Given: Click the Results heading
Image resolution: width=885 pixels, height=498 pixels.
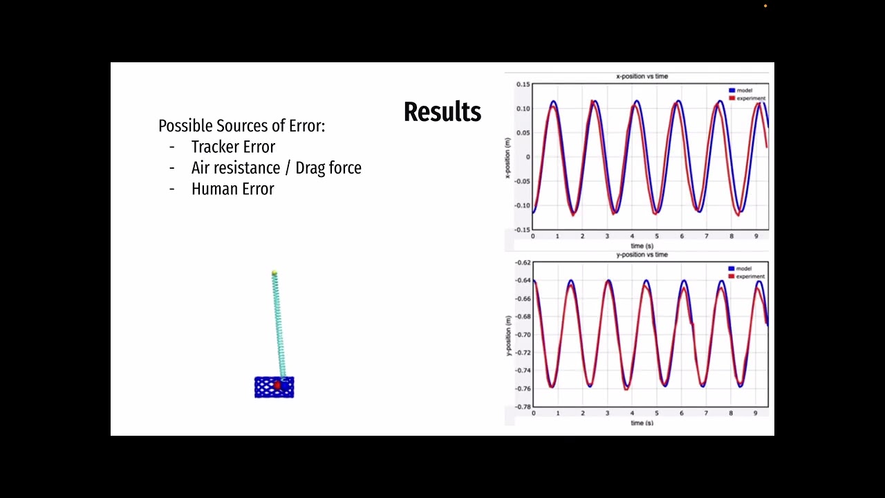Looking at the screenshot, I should click(x=442, y=112).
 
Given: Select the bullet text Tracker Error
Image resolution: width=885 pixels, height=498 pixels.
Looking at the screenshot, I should click(x=233, y=147).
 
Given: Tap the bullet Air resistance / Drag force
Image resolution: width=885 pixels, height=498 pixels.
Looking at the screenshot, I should click(x=276, y=167).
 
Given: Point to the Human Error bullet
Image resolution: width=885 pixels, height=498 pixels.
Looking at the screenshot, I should click(x=232, y=189).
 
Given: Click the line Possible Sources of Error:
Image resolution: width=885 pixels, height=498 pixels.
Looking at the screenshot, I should click(x=241, y=126).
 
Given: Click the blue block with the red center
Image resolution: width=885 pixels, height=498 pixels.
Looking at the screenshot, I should click(x=274, y=387).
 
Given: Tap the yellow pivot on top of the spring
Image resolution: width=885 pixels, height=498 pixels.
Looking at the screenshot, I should click(x=274, y=274).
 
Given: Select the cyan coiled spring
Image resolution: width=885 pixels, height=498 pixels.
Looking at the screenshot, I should click(x=279, y=325).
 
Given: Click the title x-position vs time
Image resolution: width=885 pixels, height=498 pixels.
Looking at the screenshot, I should click(x=642, y=76).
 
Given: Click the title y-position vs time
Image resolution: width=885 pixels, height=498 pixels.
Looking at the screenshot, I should click(x=642, y=255).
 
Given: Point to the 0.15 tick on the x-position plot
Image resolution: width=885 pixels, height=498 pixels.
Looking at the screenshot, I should click(x=523, y=84).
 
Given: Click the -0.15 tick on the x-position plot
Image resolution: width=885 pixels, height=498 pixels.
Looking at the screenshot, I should click(x=522, y=230).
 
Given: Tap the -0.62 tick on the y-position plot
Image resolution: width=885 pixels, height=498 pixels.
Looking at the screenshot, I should click(x=522, y=263).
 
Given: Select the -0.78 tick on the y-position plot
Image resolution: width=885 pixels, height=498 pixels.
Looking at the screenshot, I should click(x=522, y=407).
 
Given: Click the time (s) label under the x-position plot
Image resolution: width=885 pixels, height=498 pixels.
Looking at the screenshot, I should click(x=642, y=246).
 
